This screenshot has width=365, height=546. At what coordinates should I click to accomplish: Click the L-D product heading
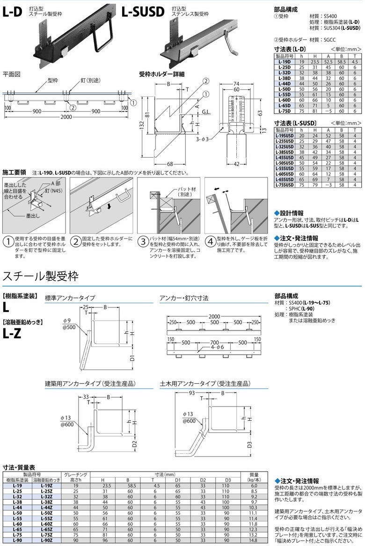click(x=12, y=12)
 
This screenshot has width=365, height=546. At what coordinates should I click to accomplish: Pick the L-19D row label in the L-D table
click(x=283, y=62)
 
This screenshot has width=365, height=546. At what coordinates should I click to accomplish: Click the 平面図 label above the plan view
click(x=12, y=74)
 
